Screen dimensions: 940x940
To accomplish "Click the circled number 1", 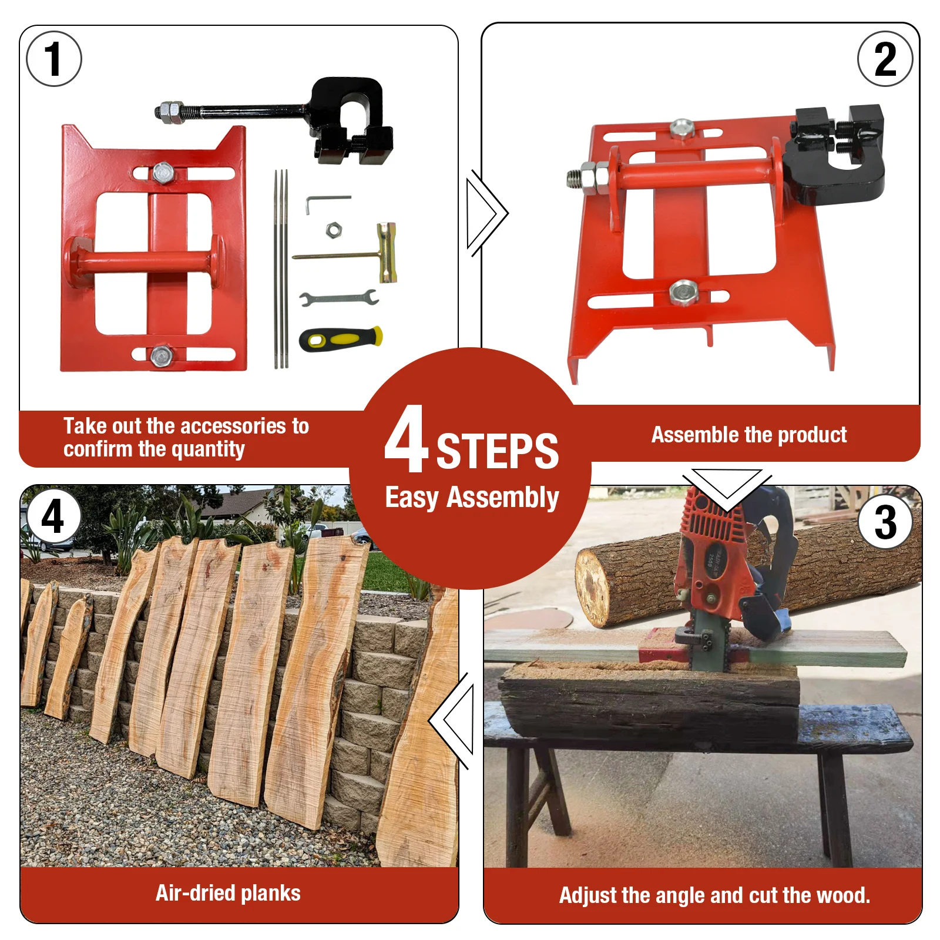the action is point(54,59).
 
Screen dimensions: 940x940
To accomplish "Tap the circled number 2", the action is point(885,59).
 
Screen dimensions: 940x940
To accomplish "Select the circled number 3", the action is point(885,522).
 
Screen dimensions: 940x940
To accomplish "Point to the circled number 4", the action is point(52,516).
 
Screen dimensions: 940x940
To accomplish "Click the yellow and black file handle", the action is point(341,338).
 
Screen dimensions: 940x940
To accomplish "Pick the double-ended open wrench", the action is point(338,298).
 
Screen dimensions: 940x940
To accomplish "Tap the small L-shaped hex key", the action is point(327,203).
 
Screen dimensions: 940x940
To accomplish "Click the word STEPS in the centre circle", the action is point(497,451).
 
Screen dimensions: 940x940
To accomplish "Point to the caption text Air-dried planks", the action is point(228,893).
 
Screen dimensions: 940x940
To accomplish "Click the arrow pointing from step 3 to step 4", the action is point(452,721).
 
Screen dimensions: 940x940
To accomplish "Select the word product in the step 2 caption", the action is point(812,435).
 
